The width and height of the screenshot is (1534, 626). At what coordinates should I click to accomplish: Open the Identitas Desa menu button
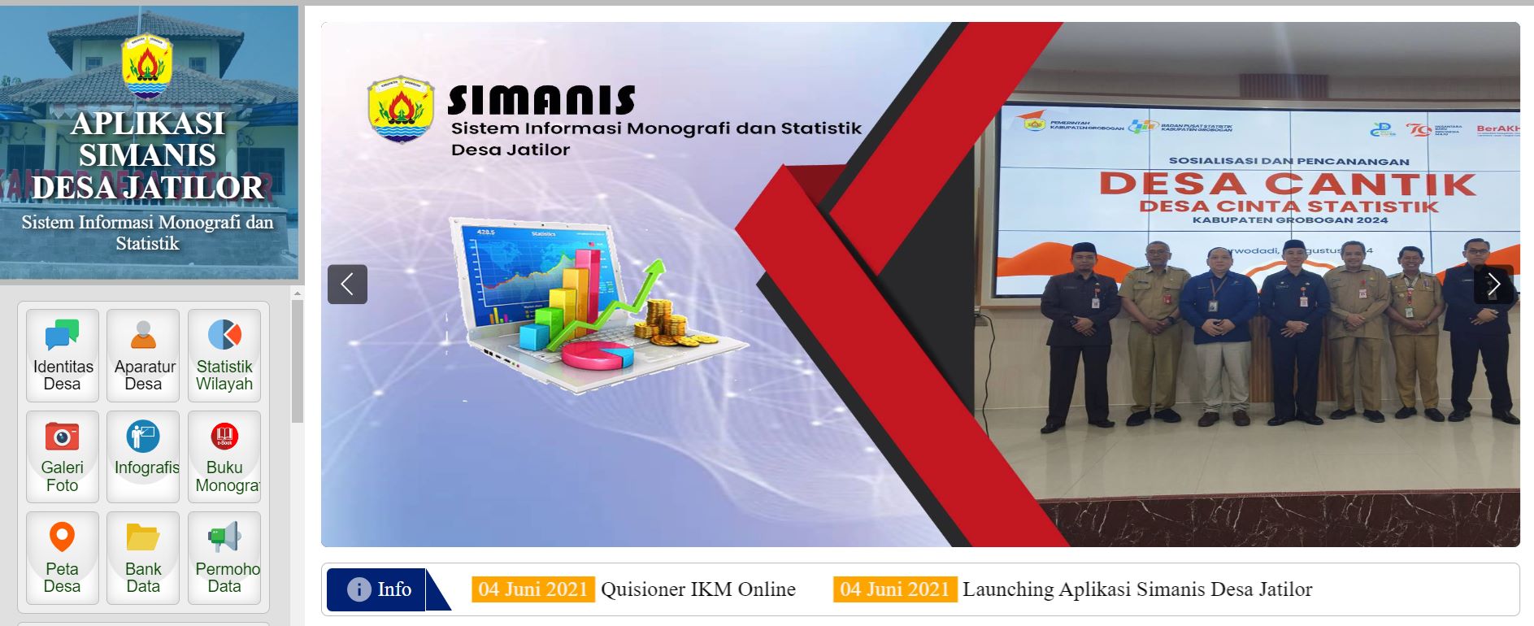pos(63,355)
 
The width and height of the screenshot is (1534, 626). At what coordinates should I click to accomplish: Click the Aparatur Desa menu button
pos(143,355)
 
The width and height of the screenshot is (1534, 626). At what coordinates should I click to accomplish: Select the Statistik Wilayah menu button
pos(224,355)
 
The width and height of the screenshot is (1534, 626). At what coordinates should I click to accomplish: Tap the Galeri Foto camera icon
pos(62,437)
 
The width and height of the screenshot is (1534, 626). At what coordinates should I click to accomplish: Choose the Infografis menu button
pos(143,456)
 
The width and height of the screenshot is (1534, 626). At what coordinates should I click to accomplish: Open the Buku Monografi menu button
pos(224,456)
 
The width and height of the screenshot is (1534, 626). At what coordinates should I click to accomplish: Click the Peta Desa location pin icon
pos(62,537)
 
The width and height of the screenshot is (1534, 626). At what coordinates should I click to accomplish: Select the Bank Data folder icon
pos(143,537)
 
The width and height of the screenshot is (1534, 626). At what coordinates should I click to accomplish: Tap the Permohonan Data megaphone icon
pos(224,537)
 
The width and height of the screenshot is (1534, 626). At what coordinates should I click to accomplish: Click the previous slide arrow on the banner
pos(347,285)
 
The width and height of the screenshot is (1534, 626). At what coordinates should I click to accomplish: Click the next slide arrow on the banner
pos(1493,285)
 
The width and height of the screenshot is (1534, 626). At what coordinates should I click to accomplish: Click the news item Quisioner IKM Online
pos(697,589)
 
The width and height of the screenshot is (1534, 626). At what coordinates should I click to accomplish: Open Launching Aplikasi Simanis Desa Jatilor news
pos(1136,589)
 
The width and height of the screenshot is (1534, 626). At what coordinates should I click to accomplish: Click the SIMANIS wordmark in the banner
pos(541,101)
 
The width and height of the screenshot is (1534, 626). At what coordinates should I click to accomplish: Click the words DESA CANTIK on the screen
pos(1287,184)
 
